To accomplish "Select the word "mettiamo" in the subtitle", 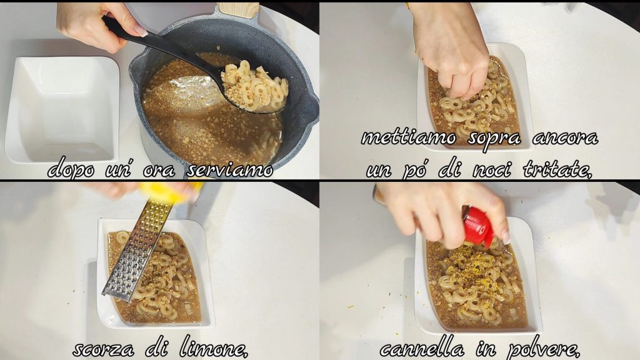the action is pos(409,138).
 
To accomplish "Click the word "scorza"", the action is pos(103,349).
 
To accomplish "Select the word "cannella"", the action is pos(422,349).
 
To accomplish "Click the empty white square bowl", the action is pos(62,109).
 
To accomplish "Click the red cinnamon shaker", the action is pos(477,227).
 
